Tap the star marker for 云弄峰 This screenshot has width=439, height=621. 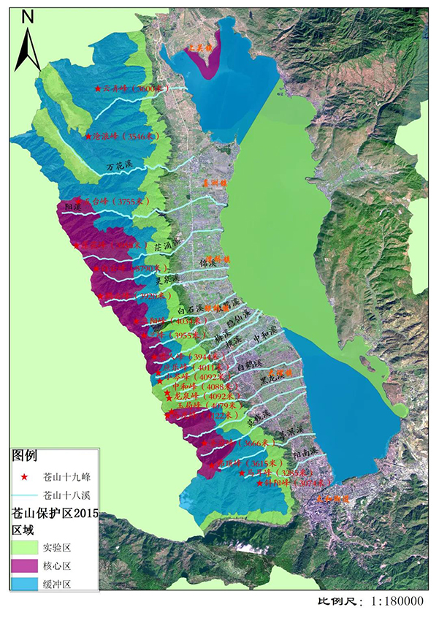(x=98, y=88)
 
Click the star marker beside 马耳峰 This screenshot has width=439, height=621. (x=241, y=473)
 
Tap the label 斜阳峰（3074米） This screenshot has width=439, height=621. (x=296, y=483)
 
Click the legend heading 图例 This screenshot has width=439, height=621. (x=25, y=455)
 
